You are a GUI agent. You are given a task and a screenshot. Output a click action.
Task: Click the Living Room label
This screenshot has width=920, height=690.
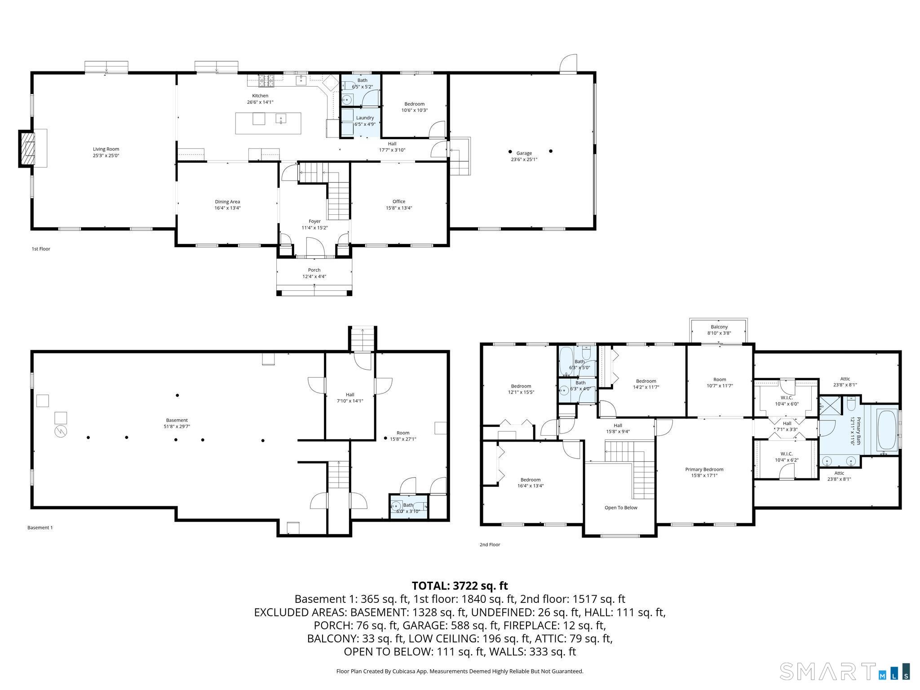(x=106, y=149)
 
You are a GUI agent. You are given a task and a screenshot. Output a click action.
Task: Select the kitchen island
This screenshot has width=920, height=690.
(x=268, y=123)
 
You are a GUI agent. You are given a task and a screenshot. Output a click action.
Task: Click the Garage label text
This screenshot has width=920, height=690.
(x=524, y=153)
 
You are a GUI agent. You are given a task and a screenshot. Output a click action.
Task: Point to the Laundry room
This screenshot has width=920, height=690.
(x=361, y=121)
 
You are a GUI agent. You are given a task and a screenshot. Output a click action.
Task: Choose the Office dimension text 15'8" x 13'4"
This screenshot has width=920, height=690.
(x=399, y=208)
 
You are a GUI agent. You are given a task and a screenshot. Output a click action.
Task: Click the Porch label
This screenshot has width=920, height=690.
(x=314, y=270)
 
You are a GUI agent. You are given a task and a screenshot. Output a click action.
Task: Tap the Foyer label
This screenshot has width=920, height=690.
(x=314, y=221)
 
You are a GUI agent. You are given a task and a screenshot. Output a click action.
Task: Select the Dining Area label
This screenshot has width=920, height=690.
(x=227, y=202)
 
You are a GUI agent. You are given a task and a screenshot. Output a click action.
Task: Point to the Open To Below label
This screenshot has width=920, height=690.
(x=621, y=508)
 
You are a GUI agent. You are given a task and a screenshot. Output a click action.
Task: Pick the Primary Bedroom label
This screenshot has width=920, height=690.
(x=704, y=469)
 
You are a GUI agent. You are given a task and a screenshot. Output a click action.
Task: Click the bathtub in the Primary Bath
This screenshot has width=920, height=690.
(x=887, y=428)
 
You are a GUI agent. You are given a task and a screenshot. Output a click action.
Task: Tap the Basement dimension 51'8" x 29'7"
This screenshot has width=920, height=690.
(x=177, y=426)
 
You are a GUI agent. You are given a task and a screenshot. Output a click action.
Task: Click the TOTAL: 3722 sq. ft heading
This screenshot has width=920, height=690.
(x=460, y=586)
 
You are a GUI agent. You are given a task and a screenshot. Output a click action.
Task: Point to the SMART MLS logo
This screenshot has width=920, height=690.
(x=845, y=672)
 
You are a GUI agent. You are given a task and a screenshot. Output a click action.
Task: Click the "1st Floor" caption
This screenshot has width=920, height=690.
(x=41, y=249)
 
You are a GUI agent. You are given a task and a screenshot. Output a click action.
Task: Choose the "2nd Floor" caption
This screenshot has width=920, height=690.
(x=490, y=544)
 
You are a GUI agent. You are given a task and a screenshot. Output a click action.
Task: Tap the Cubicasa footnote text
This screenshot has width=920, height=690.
(x=460, y=671)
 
